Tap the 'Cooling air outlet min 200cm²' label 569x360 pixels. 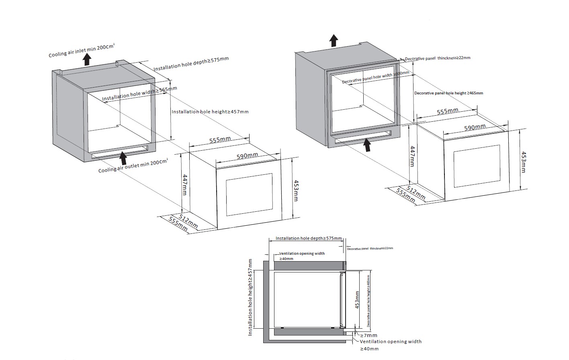133,166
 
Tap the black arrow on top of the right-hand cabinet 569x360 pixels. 333,40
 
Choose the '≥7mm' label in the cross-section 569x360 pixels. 368,335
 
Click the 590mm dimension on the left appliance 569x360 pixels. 247,156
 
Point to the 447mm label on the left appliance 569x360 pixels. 185,184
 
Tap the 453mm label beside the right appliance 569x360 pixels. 522,162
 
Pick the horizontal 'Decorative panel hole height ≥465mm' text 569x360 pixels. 448,93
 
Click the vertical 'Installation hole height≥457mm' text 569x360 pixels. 250,298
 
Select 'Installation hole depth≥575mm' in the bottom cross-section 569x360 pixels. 309,238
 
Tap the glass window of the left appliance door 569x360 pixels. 249,194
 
